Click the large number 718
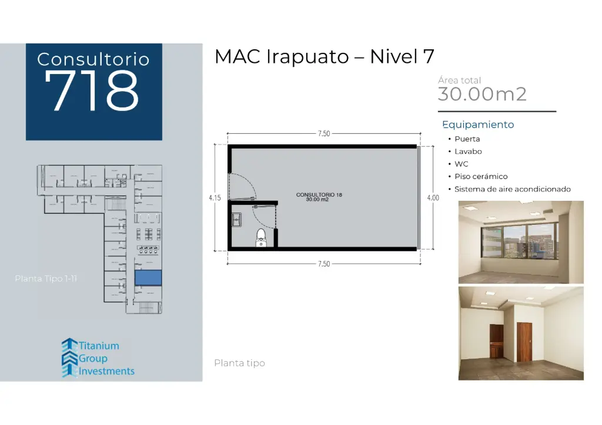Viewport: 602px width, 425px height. (x=93, y=92)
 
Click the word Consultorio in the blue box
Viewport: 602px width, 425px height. (x=93, y=59)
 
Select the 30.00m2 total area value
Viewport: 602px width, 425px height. (x=482, y=94)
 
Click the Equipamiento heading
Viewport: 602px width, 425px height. (x=478, y=124)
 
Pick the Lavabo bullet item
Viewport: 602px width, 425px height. (x=468, y=151)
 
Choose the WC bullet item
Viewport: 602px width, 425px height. (x=461, y=164)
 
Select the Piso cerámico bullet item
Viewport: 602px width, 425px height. (x=481, y=176)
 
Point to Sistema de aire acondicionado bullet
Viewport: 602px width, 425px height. (x=513, y=189)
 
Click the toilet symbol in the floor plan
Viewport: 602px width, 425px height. (x=261, y=239)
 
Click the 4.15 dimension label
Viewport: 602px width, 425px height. (x=215, y=198)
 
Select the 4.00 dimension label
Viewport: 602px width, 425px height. (x=433, y=198)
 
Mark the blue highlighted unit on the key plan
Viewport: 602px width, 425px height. (x=148, y=278)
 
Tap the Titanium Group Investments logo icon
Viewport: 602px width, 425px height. (x=69, y=357)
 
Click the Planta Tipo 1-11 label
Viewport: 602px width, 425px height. (x=46, y=278)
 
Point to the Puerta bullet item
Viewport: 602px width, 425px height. (x=467, y=139)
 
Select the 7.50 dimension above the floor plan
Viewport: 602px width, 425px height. (x=323, y=134)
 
